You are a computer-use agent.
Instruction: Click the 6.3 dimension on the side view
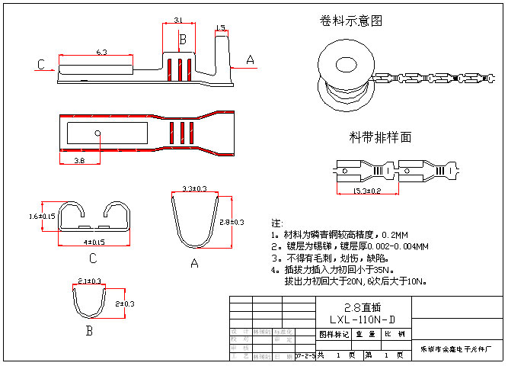101,51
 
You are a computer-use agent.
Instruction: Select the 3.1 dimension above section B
177,20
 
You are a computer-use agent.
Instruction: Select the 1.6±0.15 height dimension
43,217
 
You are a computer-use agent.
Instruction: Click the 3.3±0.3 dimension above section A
196,188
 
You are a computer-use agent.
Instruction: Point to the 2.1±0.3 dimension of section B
90,281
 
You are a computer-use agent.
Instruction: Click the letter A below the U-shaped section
194,263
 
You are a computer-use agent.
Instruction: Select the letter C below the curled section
92,257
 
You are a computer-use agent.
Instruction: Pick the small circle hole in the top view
98,133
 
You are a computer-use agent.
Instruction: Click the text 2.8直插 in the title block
362,307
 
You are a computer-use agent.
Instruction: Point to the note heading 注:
276,223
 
